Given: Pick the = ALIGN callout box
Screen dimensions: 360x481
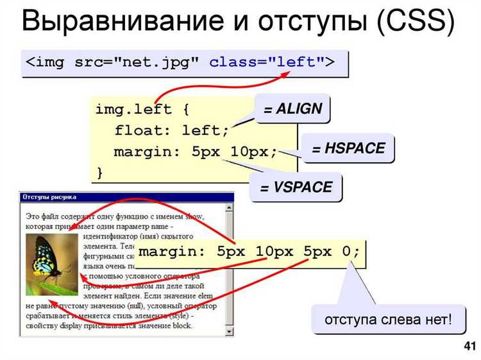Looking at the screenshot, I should pyautogui.click(x=292, y=108).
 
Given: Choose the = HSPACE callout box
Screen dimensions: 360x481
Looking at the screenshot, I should pyautogui.click(x=348, y=149).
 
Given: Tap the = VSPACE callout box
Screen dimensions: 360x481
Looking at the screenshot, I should pyautogui.click(x=296, y=188).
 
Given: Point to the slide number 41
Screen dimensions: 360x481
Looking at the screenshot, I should pyautogui.click(x=469, y=347).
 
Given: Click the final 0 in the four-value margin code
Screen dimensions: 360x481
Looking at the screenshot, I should pyautogui.click(x=347, y=251).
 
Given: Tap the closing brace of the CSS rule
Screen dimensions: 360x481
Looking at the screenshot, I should pyautogui.click(x=99, y=172).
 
